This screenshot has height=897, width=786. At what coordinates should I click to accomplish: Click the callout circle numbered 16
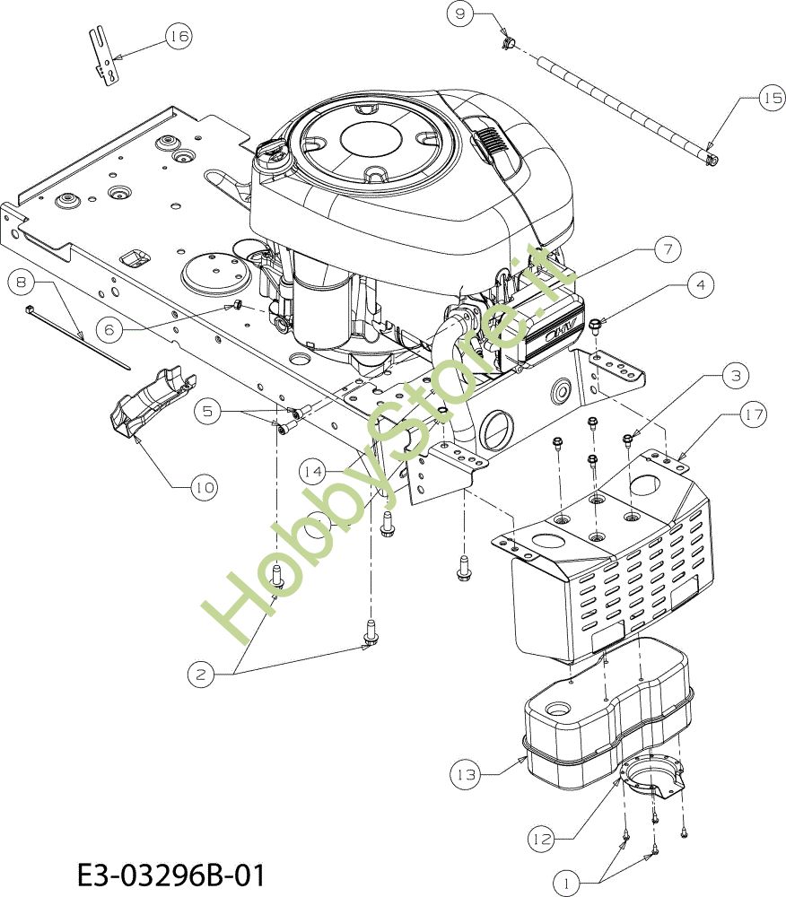pyautogui.click(x=179, y=36)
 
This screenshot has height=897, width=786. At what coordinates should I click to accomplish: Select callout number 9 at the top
pyautogui.click(x=460, y=13)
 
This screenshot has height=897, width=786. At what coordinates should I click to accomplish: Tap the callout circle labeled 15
pyautogui.click(x=773, y=98)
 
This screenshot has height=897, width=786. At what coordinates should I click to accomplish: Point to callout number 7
pyautogui.click(x=668, y=249)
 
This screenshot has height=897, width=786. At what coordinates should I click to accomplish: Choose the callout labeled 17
pyautogui.click(x=754, y=414)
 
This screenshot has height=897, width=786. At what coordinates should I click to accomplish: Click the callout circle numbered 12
pyautogui.click(x=540, y=839)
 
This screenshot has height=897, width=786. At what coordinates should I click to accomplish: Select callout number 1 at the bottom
pyautogui.click(x=567, y=883)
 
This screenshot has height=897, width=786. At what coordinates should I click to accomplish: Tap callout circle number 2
pyautogui.click(x=201, y=674)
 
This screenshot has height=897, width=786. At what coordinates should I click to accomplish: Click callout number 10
pyautogui.click(x=204, y=487)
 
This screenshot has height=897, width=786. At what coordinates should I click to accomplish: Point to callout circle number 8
pyautogui.click(x=22, y=282)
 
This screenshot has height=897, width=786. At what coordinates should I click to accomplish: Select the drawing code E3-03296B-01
pyautogui.click(x=171, y=875)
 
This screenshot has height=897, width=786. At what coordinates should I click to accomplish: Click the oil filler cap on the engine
pyautogui.click(x=272, y=152)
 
